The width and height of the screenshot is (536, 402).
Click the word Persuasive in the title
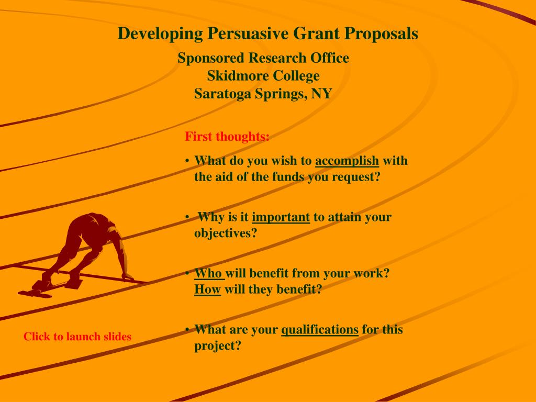click(x=248, y=33)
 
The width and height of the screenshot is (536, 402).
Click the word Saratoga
click(x=222, y=94)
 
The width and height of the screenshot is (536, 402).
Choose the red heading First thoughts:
click(x=227, y=137)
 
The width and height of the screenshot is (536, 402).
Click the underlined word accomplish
click(x=347, y=161)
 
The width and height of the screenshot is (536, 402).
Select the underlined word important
click(x=281, y=217)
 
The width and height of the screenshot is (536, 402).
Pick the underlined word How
click(x=207, y=289)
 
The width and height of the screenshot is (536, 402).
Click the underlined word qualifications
click(x=320, y=330)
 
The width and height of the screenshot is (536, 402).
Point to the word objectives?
click(x=225, y=233)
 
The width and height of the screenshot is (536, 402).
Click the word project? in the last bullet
click(x=218, y=345)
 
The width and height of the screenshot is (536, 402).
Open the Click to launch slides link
click(x=77, y=337)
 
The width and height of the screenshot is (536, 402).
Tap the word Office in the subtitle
click(x=330, y=58)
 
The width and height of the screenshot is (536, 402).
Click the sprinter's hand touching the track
click(x=128, y=276)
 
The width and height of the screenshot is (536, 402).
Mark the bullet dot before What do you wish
click(x=187, y=161)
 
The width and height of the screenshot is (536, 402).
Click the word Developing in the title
click(x=160, y=33)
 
